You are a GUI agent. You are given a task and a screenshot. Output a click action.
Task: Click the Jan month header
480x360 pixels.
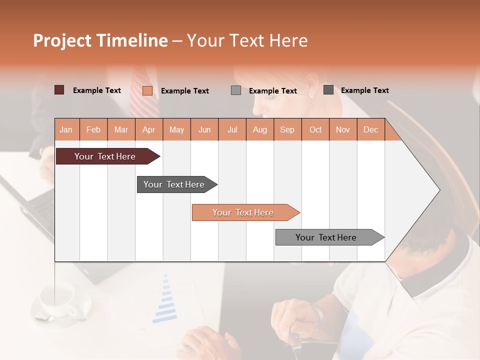pos(66,129)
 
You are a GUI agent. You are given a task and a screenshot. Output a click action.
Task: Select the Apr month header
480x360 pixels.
pos(148,129)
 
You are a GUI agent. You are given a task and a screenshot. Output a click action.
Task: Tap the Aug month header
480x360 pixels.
pos(259,129)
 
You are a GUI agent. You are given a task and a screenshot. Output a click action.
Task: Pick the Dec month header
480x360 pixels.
pos(370,129)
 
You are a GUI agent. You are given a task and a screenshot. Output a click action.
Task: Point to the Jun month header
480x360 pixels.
pos(204,129)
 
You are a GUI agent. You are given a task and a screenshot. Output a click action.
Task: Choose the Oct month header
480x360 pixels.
pos(315,129)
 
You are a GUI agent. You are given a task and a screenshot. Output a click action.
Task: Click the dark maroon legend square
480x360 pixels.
pos(59,90)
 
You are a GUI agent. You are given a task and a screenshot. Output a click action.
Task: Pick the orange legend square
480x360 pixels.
pos(147,90)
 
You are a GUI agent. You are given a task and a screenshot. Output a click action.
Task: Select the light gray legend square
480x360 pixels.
pos(236,90)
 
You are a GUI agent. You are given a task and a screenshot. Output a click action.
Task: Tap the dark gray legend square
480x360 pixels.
pos(328,90)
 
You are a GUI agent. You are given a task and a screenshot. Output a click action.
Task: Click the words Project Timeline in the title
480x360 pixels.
pos(100,40)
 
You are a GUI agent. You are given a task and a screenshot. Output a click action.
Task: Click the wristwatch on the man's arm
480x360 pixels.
pos(316,315)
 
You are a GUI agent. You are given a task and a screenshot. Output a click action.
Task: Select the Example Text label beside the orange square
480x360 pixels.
pos(184,91)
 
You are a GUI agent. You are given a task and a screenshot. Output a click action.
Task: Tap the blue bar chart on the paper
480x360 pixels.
pos(165,300)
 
